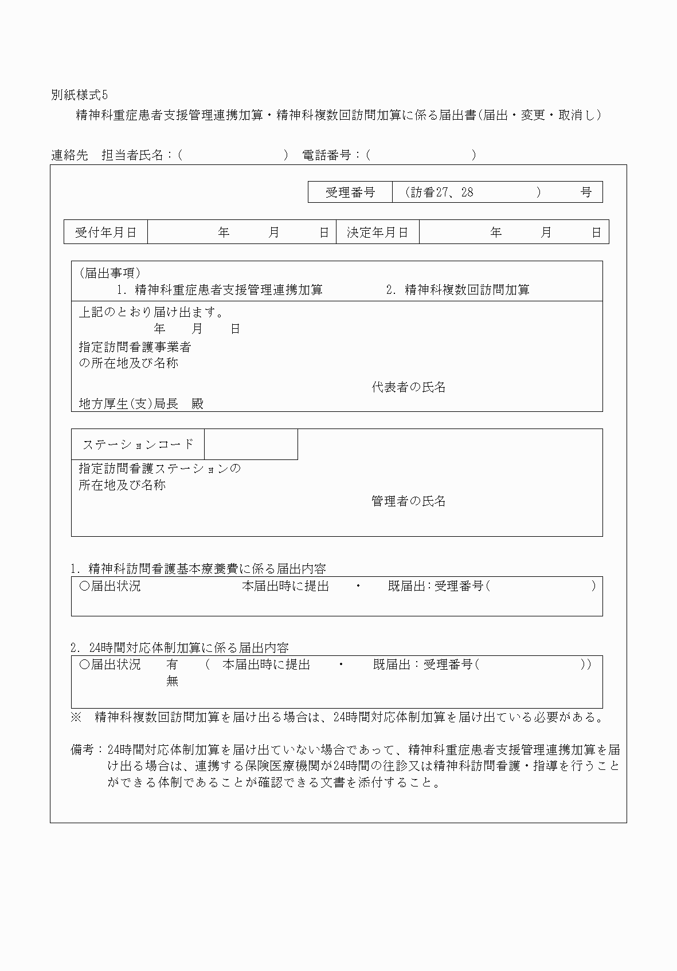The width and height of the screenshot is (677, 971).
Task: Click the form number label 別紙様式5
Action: pyautogui.click(x=79, y=95)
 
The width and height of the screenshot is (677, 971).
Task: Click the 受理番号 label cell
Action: pyautogui.click(x=350, y=192)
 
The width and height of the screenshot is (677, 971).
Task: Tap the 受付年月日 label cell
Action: pyautogui.click(x=106, y=232)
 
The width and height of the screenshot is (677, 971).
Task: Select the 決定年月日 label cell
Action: pyautogui.click(x=377, y=232)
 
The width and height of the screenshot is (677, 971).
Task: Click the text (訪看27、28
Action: pyautogui.click(x=439, y=192)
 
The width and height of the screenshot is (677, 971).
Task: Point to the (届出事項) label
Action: pyautogui.click(x=109, y=273)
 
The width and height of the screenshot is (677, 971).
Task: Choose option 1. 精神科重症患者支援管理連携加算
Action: pyautogui.click(x=220, y=290)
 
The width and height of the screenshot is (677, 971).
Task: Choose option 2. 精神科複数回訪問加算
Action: pyautogui.click(x=458, y=290)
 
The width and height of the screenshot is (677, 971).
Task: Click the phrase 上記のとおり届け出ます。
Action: pyautogui.click(x=151, y=312)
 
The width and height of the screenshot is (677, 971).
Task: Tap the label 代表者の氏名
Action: pyautogui.click(x=408, y=387)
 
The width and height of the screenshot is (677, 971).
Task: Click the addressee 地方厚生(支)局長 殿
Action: pyautogui.click(x=141, y=404)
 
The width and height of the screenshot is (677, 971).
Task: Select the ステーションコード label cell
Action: pyautogui.click(x=138, y=445)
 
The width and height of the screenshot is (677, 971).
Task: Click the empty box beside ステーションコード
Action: pyautogui.click(x=251, y=445)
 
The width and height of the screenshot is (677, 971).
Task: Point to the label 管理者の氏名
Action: pyautogui.click(x=408, y=501)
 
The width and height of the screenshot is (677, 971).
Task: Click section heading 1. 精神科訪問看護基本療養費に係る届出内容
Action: pyautogui.click(x=198, y=569)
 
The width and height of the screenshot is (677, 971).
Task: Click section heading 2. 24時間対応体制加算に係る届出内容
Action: pyautogui.click(x=179, y=648)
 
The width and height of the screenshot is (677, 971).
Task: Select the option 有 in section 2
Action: pyautogui.click(x=172, y=665)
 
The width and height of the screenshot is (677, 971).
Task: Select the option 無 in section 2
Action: pyautogui.click(x=172, y=681)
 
